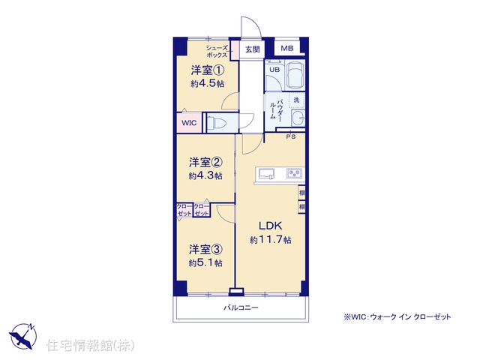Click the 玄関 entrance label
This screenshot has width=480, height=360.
click(x=253, y=49)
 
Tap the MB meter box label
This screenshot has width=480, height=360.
click(x=286, y=48)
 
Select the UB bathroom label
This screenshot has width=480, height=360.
click(x=274, y=70)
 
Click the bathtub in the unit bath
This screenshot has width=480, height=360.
click(x=295, y=75)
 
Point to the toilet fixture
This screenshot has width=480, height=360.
click(x=217, y=123)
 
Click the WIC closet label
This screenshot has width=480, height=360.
click(x=189, y=123)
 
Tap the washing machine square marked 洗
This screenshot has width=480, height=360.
click(x=296, y=100)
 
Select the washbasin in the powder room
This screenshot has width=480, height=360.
click(x=298, y=118)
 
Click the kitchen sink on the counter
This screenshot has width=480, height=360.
click(x=266, y=174)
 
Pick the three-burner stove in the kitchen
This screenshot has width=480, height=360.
click(x=294, y=173)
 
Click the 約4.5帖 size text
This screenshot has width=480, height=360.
click(x=208, y=83)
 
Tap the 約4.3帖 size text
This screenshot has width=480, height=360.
click(x=205, y=176)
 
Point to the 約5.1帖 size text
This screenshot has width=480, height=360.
click(x=205, y=263)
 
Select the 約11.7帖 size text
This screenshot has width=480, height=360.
click(x=271, y=240)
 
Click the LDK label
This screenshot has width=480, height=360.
click(x=271, y=226)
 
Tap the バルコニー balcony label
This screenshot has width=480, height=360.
click(x=241, y=307)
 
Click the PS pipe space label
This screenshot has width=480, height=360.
click(x=291, y=136)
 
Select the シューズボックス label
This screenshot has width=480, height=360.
click(x=217, y=52)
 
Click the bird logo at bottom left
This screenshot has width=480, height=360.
click(x=22, y=336)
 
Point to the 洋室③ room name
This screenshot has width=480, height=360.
click(x=205, y=250)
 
